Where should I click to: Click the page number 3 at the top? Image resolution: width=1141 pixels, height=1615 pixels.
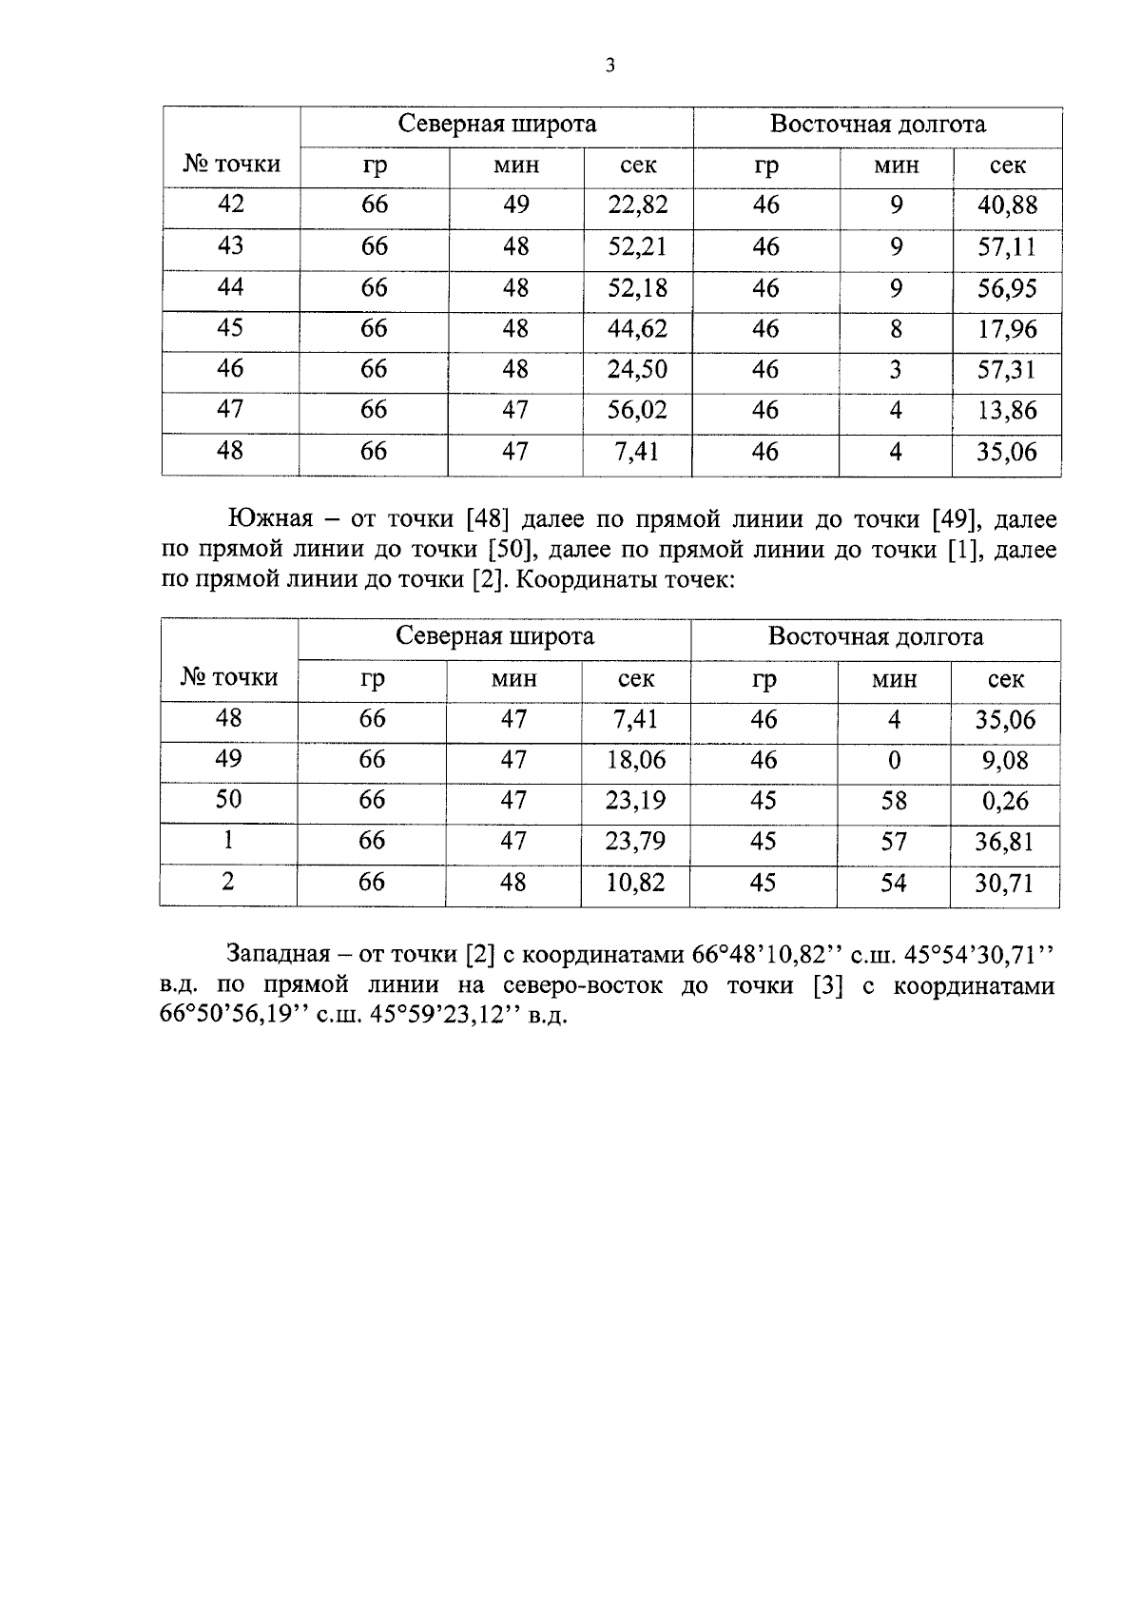[x=609, y=66]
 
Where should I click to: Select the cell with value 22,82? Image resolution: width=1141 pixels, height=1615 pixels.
[x=637, y=205]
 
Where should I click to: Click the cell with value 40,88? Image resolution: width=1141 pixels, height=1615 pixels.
[x=1007, y=205]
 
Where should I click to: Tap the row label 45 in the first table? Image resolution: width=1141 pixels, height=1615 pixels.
[x=230, y=328]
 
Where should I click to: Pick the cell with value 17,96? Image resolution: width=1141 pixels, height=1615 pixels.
[x=1007, y=329]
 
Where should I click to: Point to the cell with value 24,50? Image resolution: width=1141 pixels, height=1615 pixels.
[x=637, y=369]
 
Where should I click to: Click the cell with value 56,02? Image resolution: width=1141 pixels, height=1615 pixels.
[x=637, y=410]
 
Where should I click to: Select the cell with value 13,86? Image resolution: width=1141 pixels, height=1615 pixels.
[x=1007, y=411]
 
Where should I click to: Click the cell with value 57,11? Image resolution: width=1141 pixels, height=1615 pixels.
[x=1007, y=247]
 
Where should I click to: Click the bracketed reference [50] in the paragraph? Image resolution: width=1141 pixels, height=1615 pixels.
[x=513, y=550]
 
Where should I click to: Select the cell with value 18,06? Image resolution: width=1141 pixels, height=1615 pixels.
[x=635, y=760]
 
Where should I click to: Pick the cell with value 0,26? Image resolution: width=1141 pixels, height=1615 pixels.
[x=1005, y=801]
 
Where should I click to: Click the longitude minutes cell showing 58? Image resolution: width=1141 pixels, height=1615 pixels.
[x=894, y=801]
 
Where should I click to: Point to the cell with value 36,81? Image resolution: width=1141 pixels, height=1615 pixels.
[x=1005, y=842]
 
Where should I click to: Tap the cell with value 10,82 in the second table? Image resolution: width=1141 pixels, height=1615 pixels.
[x=635, y=883]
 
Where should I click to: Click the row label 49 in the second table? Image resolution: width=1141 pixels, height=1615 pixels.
[x=228, y=759]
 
